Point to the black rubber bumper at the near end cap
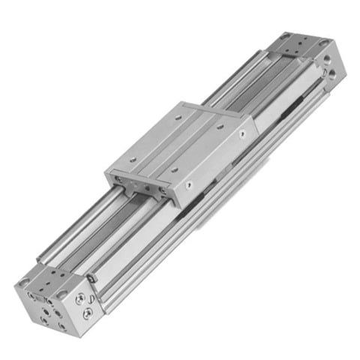pos(92,278)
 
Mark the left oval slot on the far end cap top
pos(287,42)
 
